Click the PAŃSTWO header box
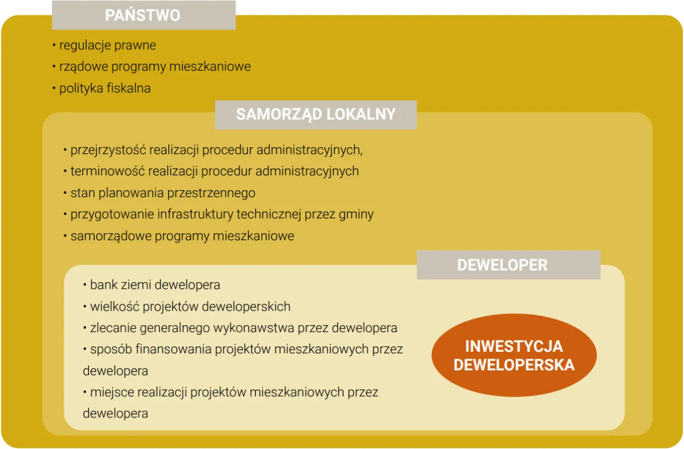tap(143, 15)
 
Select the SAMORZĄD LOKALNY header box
tap(315, 114)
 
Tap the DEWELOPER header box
tap(508, 265)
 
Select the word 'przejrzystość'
tap(108, 150)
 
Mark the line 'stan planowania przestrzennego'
tap(162, 193)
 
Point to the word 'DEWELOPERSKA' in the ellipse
tap(514, 365)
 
